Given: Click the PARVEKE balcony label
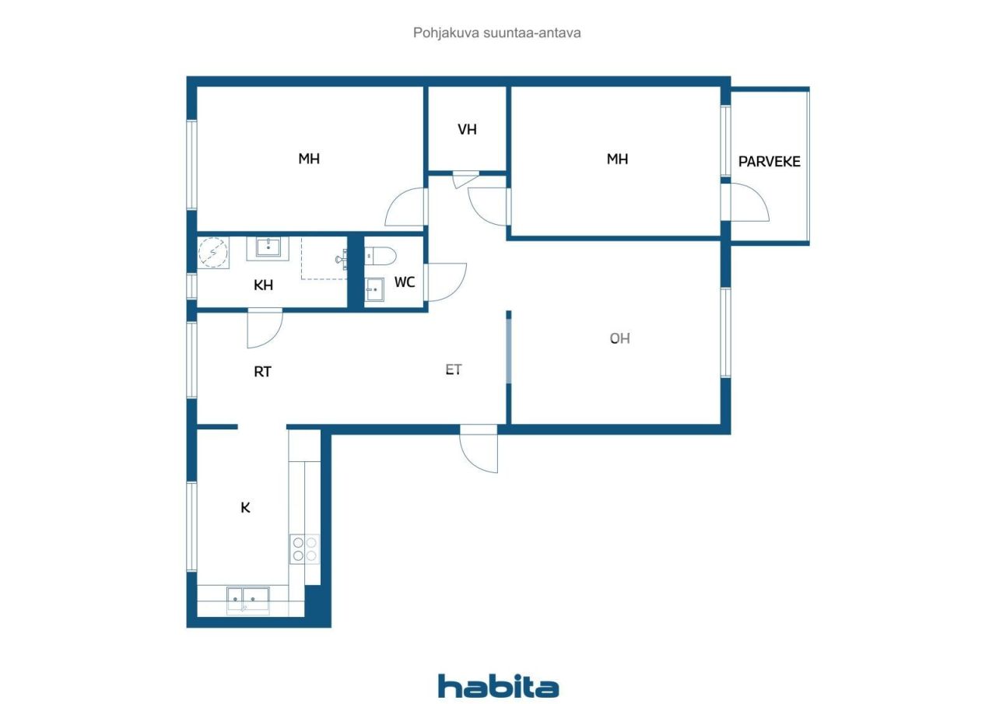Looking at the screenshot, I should (769, 162).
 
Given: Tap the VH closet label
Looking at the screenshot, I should (467, 129).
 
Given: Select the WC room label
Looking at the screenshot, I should (404, 282).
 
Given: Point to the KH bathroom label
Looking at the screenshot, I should (263, 285).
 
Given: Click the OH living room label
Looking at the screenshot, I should (619, 338).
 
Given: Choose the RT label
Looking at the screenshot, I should (262, 372).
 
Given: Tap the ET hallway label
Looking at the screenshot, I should (454, 370).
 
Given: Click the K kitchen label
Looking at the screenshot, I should (245, 508).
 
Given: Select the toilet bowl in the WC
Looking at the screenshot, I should (382, 254).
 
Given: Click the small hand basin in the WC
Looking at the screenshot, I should (374, 290).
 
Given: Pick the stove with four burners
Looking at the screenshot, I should (304, 548).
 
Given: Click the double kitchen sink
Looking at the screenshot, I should (247, 598).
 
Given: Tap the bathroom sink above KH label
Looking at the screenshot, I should (268, 248).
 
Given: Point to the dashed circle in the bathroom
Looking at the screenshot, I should (212, 251).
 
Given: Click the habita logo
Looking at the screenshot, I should (498, 686).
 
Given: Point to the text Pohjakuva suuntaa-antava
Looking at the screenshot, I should (497, 33).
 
